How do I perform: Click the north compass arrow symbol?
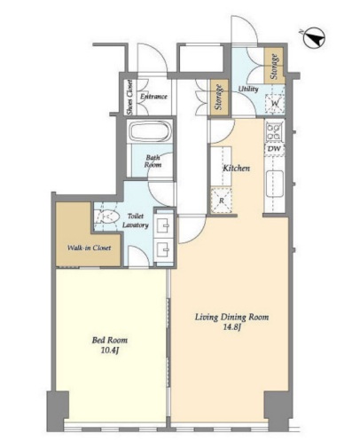pos(315,38)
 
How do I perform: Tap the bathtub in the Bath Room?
pos(151,131)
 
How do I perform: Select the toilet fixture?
pos(106,217)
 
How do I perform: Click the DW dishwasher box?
pos(275,148)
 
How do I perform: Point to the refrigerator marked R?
pos(222,201)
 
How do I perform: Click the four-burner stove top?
pos(274,131)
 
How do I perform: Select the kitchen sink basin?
pos(275,184)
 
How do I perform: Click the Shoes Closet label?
pos(129,97)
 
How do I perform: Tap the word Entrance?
pos(153,97)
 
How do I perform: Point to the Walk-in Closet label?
pos(90,248)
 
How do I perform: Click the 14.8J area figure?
pos(231,328)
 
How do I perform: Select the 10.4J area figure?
pos(110,350)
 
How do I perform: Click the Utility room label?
pos(248,89)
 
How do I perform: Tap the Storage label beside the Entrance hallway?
pos(219,97)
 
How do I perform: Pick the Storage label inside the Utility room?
pos(274,67)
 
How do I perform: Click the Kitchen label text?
pos(236,169)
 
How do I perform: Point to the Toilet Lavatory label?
pos(136,220)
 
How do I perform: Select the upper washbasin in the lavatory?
pos(163,226)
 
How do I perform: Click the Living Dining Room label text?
pos(231,318)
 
